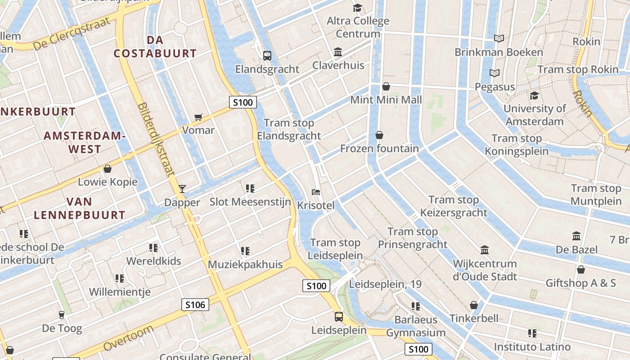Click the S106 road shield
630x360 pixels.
coord(195,305)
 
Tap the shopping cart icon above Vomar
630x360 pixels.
coord(198,117)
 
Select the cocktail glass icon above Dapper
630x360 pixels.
coord(182,189)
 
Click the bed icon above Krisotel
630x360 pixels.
coord(316,192)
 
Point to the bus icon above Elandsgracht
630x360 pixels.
coord(267,56)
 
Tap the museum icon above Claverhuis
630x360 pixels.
coord(338,52)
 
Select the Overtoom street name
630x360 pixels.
coord(128,338)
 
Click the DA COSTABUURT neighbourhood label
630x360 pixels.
coord(155,47)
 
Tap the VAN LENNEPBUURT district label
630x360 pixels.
coord(80,208)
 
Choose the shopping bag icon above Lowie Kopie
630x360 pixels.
coord(108,169)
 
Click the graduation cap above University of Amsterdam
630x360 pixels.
coord(534,95)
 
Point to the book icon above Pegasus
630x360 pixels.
coord(495,73)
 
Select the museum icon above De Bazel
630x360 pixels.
coord(576,236)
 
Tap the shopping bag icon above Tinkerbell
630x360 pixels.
coord(474,305)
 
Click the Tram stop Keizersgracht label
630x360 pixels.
coord(454,206)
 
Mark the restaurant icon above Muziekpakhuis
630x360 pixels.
coord(245,251)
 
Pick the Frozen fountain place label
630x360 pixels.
coord(379,148)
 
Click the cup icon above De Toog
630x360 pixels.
coord(62,315)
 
